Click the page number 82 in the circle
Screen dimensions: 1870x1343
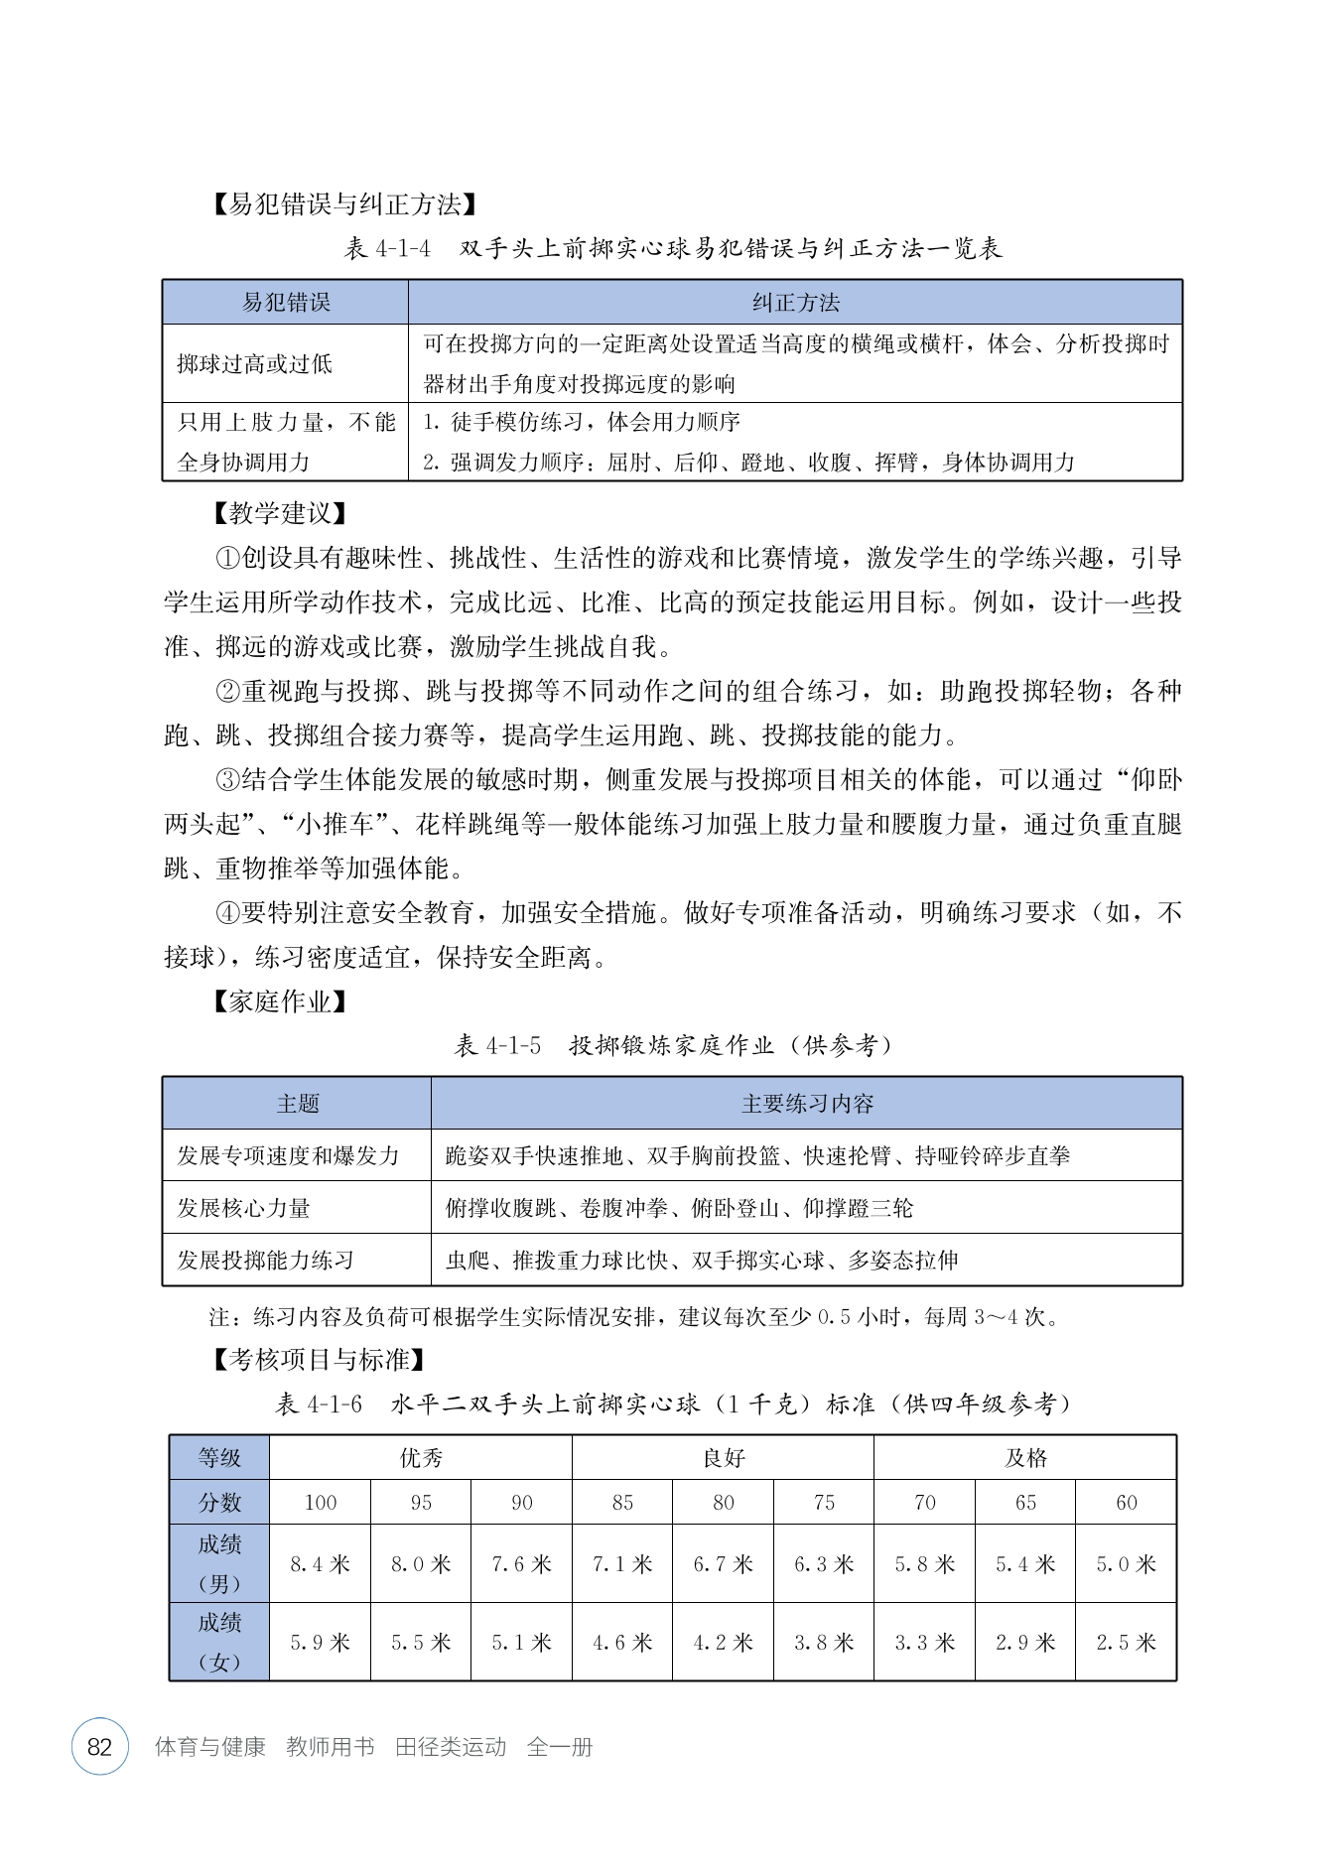tap(100, 1747)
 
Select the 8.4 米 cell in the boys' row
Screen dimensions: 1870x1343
tap(320, 1564)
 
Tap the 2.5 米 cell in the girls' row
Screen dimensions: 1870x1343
tap(1126, 1643)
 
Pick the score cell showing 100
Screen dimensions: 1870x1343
tap(320, 1503)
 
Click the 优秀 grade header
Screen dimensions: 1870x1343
tap(421, 1458)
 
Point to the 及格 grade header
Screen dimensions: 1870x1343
tap(1025, 1458)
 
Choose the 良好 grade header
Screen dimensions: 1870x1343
tap(724, 1458)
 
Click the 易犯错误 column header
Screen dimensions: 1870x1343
tap(286, 303)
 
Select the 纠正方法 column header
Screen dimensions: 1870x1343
tap(795, 303)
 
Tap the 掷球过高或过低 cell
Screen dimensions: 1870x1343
tap(255, 364)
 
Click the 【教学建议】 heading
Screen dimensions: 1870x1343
tap(279, 514)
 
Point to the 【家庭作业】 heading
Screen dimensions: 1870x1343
tap(279, 1002)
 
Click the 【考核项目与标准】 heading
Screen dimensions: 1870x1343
tap(319, 1360)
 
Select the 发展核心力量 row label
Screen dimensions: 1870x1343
tap(244, 1208)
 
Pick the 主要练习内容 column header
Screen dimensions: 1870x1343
tap(807, 1104)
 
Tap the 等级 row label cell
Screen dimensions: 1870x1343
tap(219, 1458)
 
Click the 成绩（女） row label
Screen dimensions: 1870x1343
tap(219, 1643)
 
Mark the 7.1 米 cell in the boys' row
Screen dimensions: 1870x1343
tap(622, 1564)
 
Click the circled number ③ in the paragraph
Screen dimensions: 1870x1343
tap(228, 780)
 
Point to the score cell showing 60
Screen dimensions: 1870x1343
tap(1126, 1503)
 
